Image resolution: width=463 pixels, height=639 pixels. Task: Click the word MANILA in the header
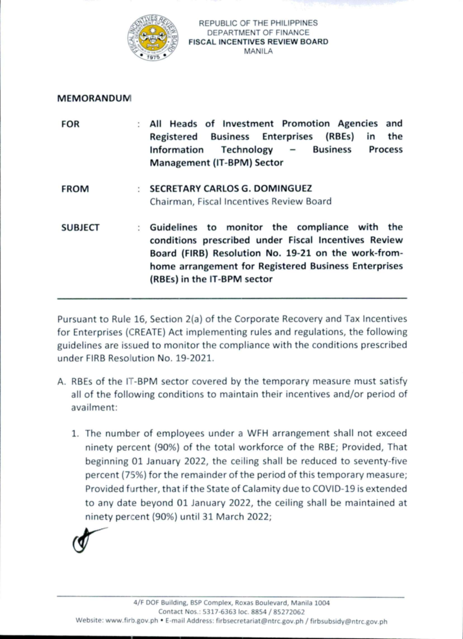pyautogui.click(x=258, y=51)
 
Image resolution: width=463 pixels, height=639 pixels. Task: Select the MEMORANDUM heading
pyautogui.click(x=94, y=98)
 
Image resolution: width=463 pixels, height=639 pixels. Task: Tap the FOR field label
pyautogui.click(x=70, y=124)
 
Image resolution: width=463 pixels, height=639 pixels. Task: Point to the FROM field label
pyautogui.click(x=75, y=189)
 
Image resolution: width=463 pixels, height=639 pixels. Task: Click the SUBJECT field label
pyautogui.click(x=80, y=228)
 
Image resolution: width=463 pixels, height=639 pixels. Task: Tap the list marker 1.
pyautogui.click(x=75, y=434)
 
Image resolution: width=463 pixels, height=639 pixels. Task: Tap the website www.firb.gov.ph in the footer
pyautogui.click(x=132, y=621)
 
